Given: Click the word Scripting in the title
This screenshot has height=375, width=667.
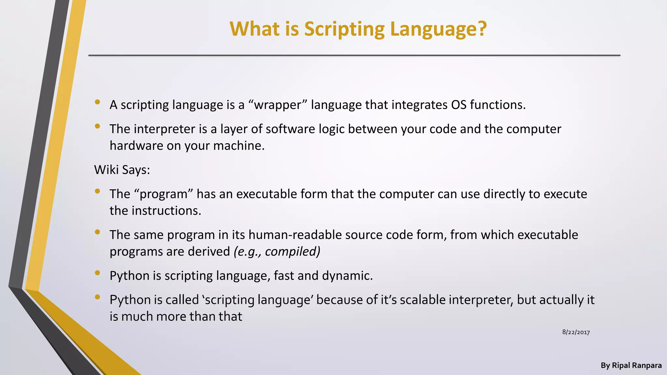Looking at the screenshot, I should (x=344, y=29).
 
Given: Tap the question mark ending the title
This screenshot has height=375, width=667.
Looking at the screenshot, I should (x=481, y=29).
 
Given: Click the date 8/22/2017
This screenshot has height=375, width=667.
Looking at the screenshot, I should (x=576, y=332).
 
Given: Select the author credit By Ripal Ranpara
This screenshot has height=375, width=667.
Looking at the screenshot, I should (x=631, y=366).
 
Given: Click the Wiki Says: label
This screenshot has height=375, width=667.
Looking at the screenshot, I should (x=122, y=170).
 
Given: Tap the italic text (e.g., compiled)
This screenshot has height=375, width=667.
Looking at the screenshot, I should (x=277, y=251).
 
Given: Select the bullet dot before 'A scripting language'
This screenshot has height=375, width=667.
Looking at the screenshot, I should (x=97, y=102).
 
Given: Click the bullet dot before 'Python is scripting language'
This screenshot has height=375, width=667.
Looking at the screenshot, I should (x=97, y=273).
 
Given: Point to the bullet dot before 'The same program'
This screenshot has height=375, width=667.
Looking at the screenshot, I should (x=97, y=232).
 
